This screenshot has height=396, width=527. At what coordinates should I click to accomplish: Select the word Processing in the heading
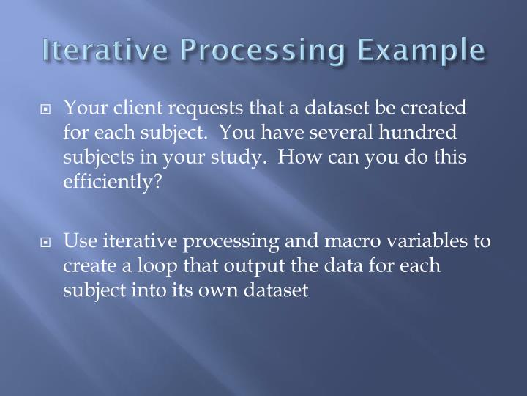tap(253, 51)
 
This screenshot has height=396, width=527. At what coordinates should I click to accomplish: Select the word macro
tap(359, 242)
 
